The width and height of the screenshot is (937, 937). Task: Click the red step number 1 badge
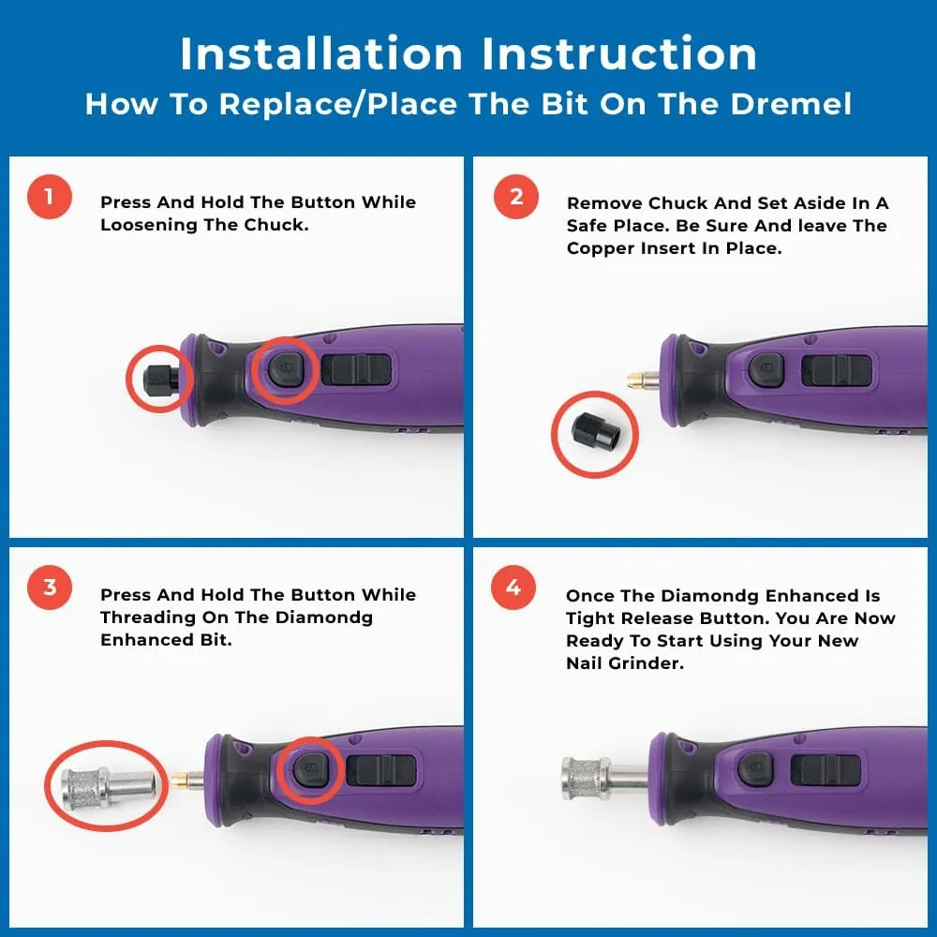[x=50, y=198]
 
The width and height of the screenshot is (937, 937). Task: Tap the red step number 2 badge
[x=516, y=198]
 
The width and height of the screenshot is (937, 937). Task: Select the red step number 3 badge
[x=50, y=587]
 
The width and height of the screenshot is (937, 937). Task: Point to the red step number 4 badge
[x=513, y=587]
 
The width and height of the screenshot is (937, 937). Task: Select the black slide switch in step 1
[x=356, y=369]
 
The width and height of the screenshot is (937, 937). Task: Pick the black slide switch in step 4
[x=825, y=770]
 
